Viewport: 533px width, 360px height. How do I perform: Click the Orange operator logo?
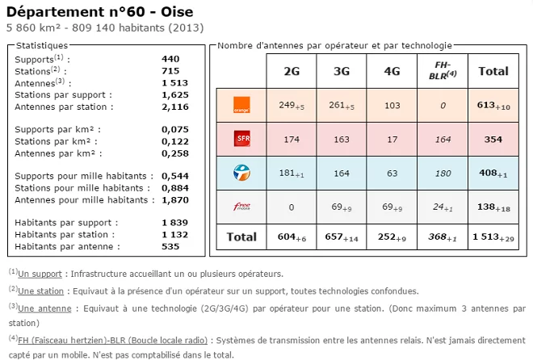point(241,104)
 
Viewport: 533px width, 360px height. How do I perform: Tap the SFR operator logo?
point(241,139)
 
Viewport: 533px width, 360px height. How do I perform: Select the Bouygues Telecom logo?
point(241,171)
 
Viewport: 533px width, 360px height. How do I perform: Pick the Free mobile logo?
point(241,207)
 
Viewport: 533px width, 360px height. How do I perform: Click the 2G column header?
point(292,71)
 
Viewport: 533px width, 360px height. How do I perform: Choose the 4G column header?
point(392,71)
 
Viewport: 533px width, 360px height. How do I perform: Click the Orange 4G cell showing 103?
point(392,105)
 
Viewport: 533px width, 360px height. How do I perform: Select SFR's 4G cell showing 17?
point(392,140)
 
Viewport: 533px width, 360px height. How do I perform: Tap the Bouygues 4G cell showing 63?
point(392,172)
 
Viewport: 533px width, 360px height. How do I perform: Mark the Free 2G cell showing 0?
point(292,207)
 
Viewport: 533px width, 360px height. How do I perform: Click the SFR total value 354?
point(493,140)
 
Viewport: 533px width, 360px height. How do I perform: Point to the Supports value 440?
point(170,59)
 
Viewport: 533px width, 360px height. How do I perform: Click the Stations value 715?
point(170,71)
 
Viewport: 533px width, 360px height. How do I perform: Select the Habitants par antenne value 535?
point(170,246)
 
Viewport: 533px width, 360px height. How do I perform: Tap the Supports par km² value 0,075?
point(175,129)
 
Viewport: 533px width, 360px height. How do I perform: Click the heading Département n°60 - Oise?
point(94,11)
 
